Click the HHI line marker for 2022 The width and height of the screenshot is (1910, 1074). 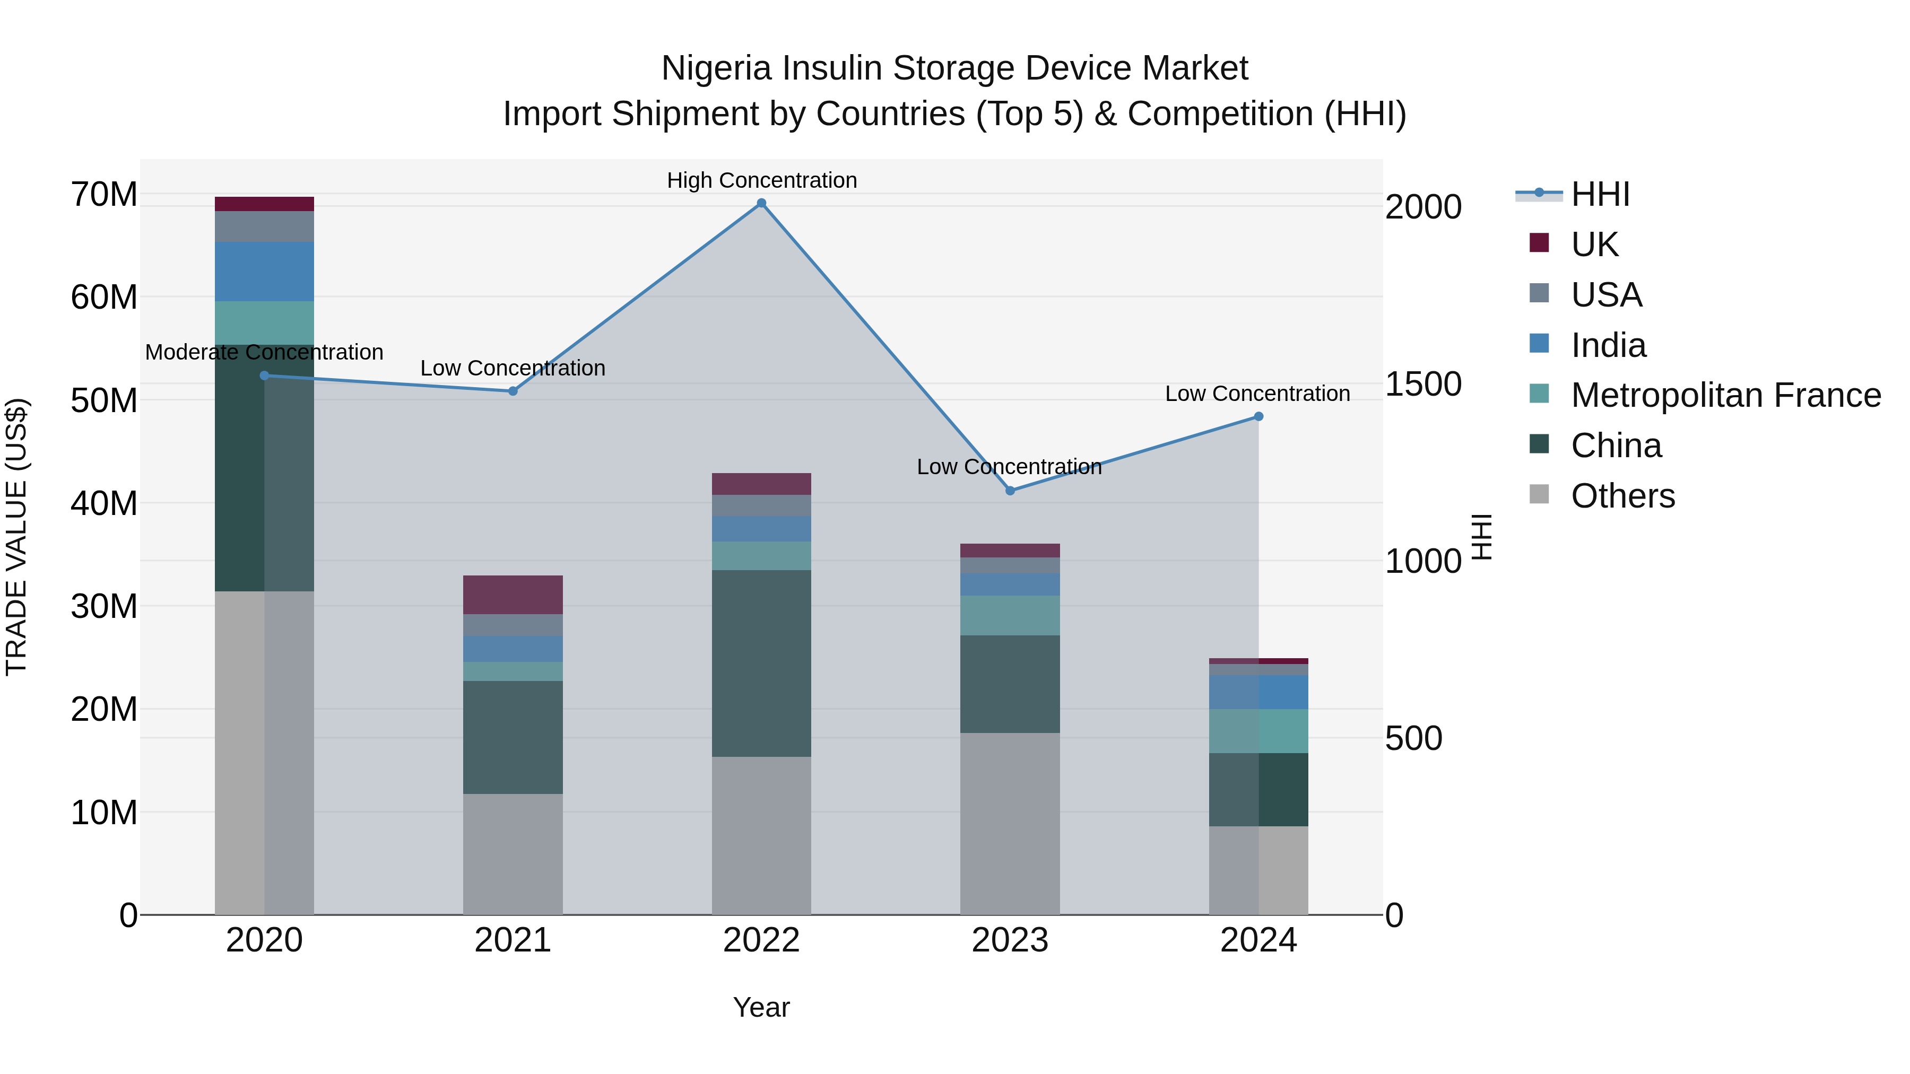click(x=761, y=203)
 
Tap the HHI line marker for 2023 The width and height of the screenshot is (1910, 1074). click(x=1010, y=491)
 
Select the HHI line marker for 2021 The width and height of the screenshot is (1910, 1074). click(x=513, y=391)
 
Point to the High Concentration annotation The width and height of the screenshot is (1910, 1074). click(x=761, y=181)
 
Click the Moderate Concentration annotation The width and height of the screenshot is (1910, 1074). click(x=264, y=352)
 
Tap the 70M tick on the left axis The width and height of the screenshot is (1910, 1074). click(x=104, y=195)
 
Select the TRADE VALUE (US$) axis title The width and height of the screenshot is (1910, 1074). click(x=17, y=537)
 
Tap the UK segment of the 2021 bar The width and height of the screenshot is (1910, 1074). click(x=513, y=595)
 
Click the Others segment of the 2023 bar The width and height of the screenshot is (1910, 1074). click(x=1010, y=823)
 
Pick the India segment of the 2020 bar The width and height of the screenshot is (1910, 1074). click(x=264, y=271)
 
